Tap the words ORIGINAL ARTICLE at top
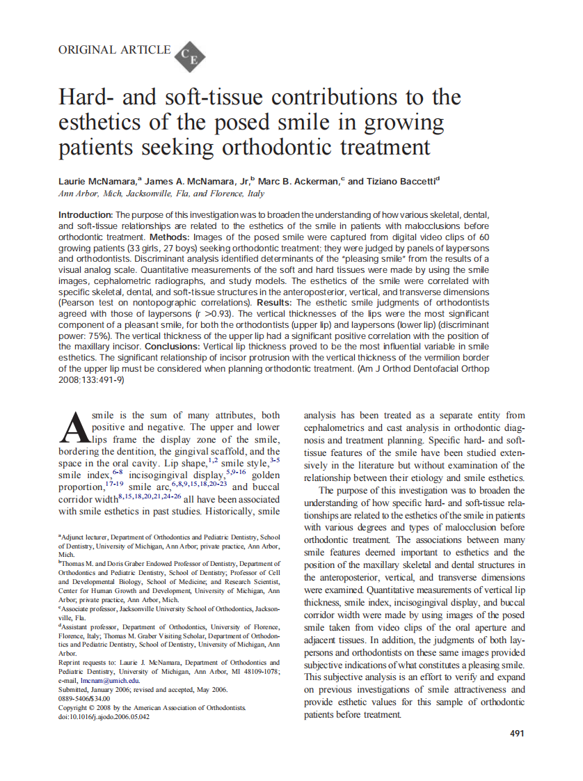tap(114, 49)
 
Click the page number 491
tap(517, 733)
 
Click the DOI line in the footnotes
tap(104, 716)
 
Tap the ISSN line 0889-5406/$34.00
tap(84, 698)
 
